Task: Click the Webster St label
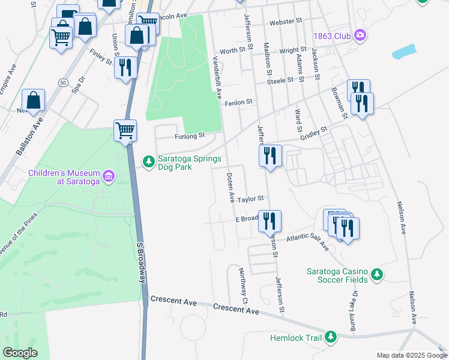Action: (x=286, y=22)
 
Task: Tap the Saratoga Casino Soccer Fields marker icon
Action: (x=376, y=274)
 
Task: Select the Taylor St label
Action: (x=250, y=199)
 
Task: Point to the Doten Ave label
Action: (x=230, y=187)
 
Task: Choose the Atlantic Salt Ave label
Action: (x=307, y=241)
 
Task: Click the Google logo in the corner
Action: (x=20, y=352)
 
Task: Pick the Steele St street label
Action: (x=280, y=80)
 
